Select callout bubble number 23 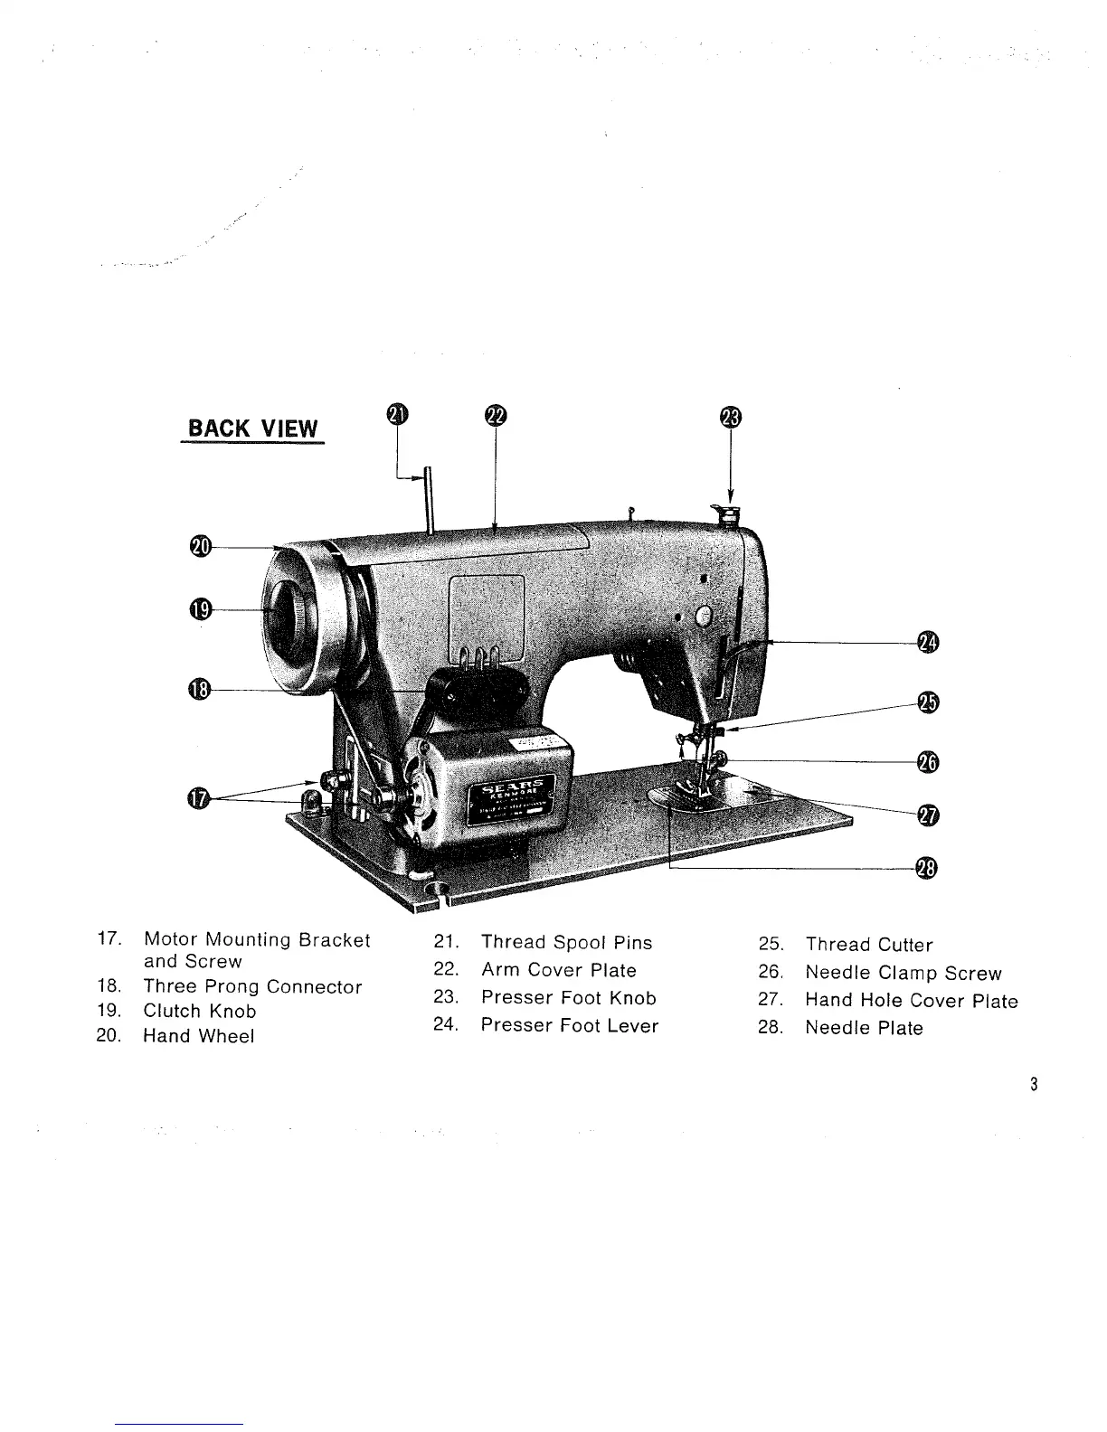point(730,417)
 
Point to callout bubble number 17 point(199,798)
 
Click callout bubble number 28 point(927,869)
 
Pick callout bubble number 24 point(928,642)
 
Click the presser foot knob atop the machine point(726,516)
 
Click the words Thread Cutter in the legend point(868,945)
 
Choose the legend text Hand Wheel point(198,1036)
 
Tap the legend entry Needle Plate point(864,1028)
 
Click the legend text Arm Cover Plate point(558,970)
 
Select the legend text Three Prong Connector point(252,986)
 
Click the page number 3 point(1033,1085)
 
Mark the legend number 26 point(770,973)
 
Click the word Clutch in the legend point(173,1011)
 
